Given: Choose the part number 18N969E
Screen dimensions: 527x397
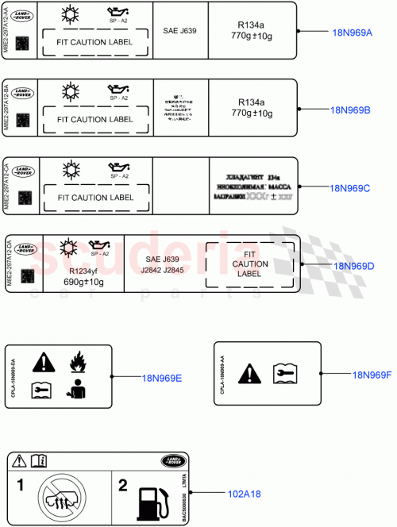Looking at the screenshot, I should (x=162, y=378).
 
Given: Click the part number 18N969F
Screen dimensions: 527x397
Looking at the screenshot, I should (x=372, y=375).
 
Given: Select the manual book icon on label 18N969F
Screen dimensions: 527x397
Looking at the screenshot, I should (x=284, y=372).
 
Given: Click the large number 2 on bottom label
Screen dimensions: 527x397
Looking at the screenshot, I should (x=122, y=484).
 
